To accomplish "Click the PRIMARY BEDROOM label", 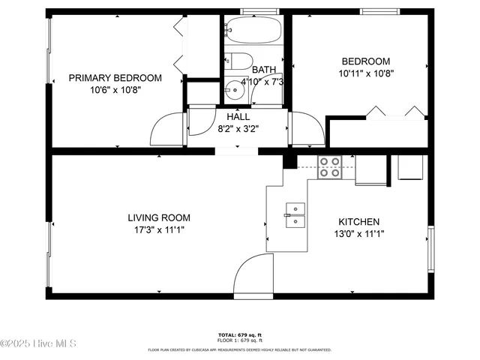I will pyautogui.click(x=115, y=77).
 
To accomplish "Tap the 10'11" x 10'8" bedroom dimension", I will pyautogui.click(x=366, y=73).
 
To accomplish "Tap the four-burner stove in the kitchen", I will pyautogui.click(x=328, y=166).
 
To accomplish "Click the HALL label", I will pyautogui.click(x=238, y=116).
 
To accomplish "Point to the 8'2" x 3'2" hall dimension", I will pyautogui.click(x=238, y=128).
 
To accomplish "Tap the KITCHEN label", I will pyautogui.click(x=358, y=222).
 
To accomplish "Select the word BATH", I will pyautogui.click(x=263, y=69).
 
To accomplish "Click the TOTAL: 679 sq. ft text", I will pyautogui.click(x=239, y=334).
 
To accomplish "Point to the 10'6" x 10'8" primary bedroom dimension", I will pyautogui.click(x=115, y=89).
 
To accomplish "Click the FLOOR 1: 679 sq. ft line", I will pyautogui.click(x=239, y=341).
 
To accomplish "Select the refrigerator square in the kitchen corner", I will pyautogui.click(x=410, y=168).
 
